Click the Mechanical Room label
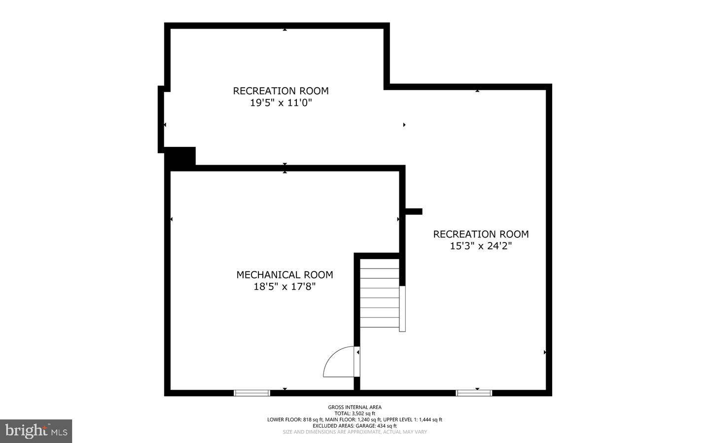coord(284,275)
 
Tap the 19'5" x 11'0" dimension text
coord(281,102)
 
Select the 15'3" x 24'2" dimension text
coord(481,246)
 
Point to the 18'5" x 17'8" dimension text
coord(284,287)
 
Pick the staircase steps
coord(380,293)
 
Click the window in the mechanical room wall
coord(252,393)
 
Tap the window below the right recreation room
coord(474,393)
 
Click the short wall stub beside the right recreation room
coord(414,211)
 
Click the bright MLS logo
coord(36,431)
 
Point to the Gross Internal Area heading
coord(355,407)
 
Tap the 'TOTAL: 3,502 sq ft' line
coord(355,413)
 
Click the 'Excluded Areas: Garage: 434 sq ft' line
coord(355,426)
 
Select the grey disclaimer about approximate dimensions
coord(355,432)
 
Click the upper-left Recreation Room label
coord(281,91)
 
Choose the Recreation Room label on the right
coord(481,234)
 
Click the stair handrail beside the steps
coord(402,309)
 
